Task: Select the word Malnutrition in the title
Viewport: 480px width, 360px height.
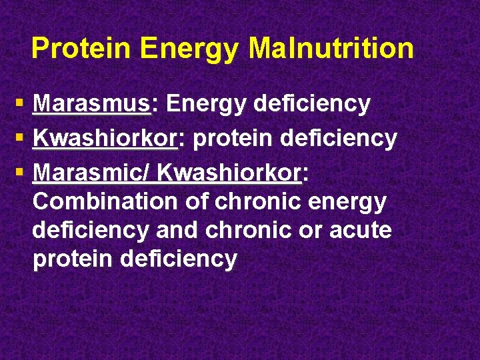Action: pos(331,49)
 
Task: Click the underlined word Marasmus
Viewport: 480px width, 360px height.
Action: pos(93,104)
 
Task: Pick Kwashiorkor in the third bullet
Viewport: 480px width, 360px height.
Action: pos(229,173)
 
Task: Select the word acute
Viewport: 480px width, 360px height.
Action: pos(359,230)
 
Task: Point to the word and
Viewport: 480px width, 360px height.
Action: pos(177,230)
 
